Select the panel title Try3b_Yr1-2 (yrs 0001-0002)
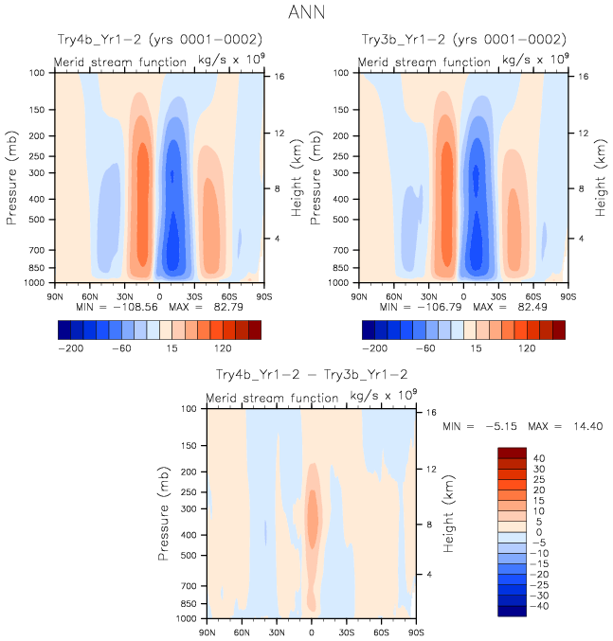pyautogui.click(x=464, y=40)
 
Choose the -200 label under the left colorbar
pyautogui.click(x=70, y=348)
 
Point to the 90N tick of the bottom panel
pyautogui.click(x=207, y=632)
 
